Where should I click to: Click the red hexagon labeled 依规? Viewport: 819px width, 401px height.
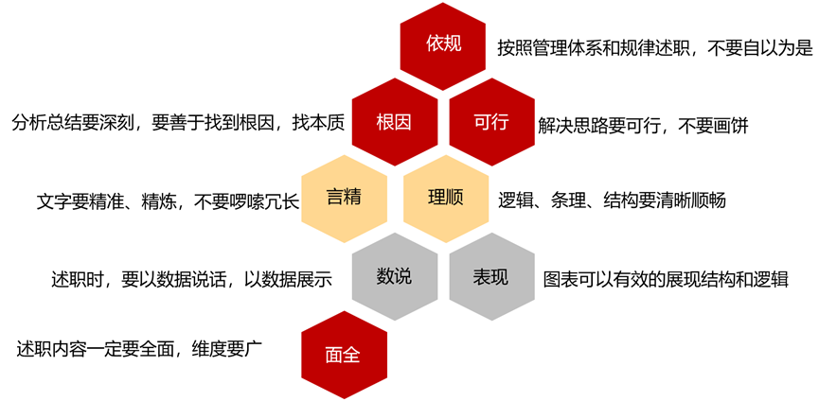(443, 44)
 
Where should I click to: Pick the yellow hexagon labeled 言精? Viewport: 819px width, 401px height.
(344, 200)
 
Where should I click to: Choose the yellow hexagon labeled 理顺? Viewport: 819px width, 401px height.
(444, 200)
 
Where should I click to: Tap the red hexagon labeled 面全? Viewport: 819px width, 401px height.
(343, 355)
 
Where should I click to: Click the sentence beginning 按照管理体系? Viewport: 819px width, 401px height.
(654, 47)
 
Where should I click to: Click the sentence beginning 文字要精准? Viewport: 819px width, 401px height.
(168, 201)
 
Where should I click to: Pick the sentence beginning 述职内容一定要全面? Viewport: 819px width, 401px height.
(139, 348)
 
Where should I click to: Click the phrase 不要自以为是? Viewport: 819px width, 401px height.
(758, 47)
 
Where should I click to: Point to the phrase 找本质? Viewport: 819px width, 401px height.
(317, 124)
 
